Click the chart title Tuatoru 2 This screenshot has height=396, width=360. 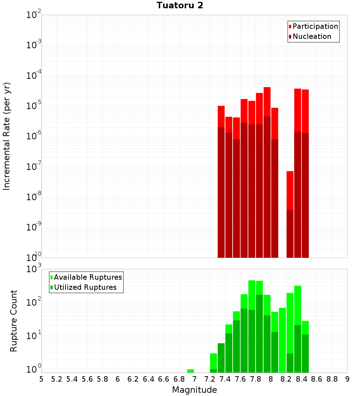[x=180, y=5]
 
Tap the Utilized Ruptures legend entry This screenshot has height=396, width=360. [x=85, y=287]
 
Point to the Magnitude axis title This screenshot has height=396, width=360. [x=194, y=390]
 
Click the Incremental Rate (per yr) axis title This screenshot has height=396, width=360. [x=6, y=136]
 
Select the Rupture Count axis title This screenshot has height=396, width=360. [x=14, y=320]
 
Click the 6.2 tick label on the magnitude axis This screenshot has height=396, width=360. [x=133, y=379]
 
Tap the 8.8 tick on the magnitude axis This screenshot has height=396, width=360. [x=332, y=379]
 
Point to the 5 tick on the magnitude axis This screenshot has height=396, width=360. [x=41, y=379]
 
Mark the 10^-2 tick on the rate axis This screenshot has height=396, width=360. [x=34, y=15]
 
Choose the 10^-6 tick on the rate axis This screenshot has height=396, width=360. [x=34, y=136]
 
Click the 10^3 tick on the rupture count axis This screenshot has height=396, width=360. [x=34, y=269]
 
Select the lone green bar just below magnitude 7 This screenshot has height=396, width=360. [x=190, y=371]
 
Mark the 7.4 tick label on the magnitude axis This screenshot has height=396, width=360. [x=225, y=379]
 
